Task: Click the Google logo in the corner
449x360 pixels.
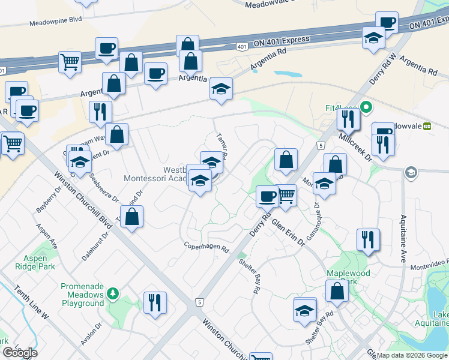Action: tap(19, 353)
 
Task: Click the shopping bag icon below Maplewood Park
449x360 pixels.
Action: tap(337, 291)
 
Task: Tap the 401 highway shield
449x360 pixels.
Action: tap(241, 46)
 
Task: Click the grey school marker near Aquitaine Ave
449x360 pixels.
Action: tap(411, 173)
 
